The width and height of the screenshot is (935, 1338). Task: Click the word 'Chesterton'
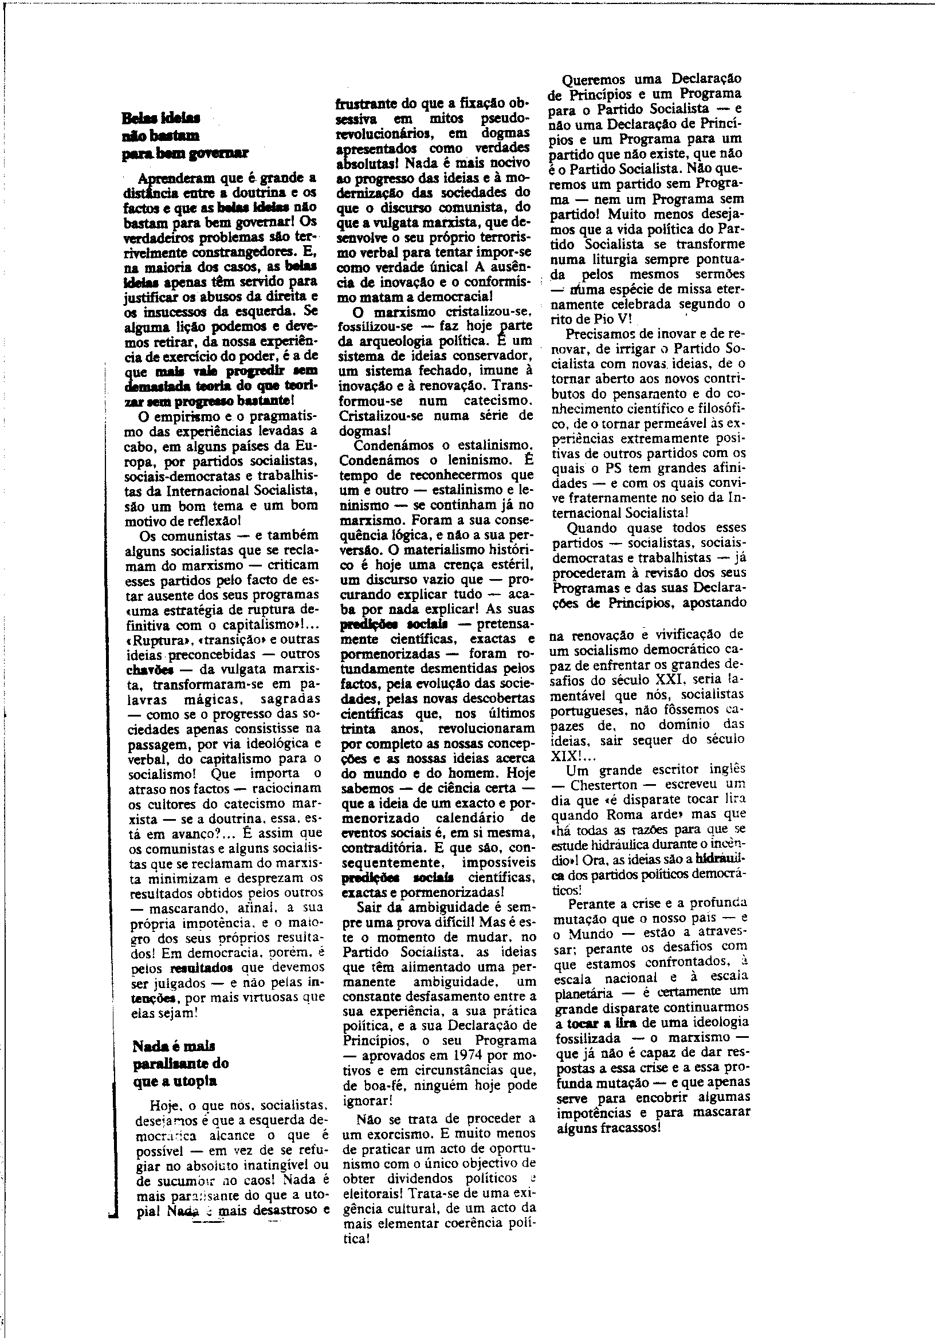click(x=603, y=784)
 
